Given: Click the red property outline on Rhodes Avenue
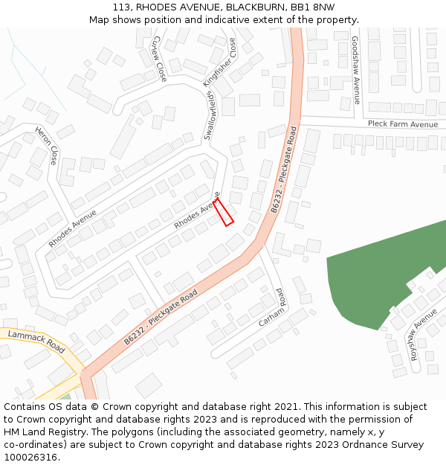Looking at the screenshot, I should coord(224,212).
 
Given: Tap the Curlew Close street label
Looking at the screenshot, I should coord(158,58).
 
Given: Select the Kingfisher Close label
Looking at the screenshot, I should coord(219,63).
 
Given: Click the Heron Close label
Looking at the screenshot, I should coord(46,146).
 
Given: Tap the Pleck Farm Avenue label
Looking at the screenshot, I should coord(403,124).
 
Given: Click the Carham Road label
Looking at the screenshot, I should coord(272,309).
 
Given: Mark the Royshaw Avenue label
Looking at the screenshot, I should coord(424,336).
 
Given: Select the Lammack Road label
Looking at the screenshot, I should coord(36,342).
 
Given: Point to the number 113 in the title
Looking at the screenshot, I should coord(123,7).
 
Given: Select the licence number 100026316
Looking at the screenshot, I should coord(30,458).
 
